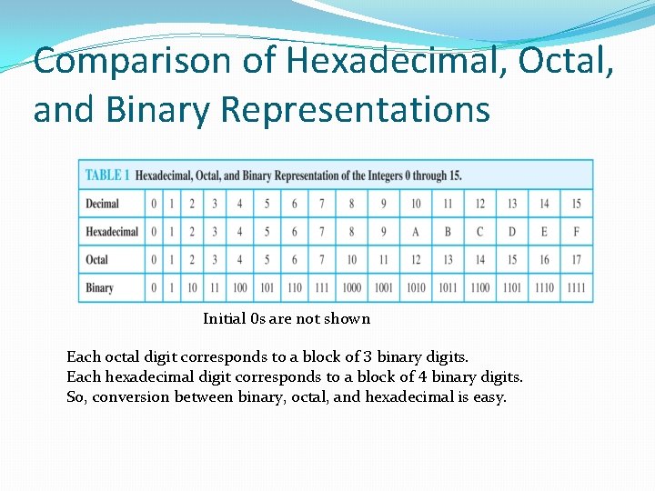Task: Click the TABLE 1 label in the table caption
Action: (107, 175)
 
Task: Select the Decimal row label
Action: (103, 204)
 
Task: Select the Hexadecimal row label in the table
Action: (112, 232)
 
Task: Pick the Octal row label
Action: (97, 260)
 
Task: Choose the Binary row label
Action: (100, 288)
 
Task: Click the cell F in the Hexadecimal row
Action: (576, 232)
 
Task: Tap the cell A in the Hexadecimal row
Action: (416, 232)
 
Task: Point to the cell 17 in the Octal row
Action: (576, 260)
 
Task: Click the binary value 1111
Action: (576, 288)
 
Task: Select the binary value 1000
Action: (352, 288)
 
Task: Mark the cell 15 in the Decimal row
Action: (576, 204)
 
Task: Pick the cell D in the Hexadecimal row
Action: (512, 232)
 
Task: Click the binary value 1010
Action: (416, 288)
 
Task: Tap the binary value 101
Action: (267, 288)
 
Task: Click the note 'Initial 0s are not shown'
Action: (287, 318)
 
